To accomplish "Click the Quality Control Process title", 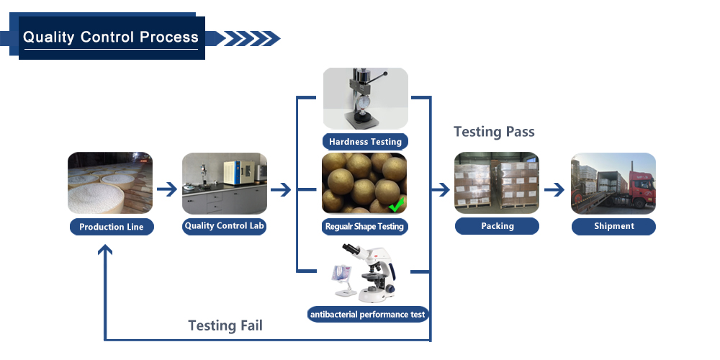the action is click(111, 37).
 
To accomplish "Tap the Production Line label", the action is click(112, 227).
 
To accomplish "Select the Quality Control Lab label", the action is click(225, 226).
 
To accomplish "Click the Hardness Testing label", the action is click(365, 141).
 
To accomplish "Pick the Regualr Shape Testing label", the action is click(364, 226).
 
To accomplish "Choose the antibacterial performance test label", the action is click(368, 315).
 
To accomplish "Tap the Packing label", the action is click(498, 226).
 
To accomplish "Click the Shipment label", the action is click(613, 226).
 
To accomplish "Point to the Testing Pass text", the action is click(494, 132).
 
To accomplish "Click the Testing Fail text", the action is click(225, 325).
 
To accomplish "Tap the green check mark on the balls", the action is click(396, 204).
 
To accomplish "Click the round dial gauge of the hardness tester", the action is click(364, 101).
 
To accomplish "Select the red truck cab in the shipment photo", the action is click(641, 188).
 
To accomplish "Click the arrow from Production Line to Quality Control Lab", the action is click(167, 189).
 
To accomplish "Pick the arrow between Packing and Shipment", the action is click(554, 189).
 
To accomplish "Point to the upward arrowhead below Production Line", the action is click(105, 250).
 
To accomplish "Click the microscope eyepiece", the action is click(348, 249).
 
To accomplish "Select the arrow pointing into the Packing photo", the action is click(440, 189).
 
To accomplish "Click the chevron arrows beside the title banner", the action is click(248, 39).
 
